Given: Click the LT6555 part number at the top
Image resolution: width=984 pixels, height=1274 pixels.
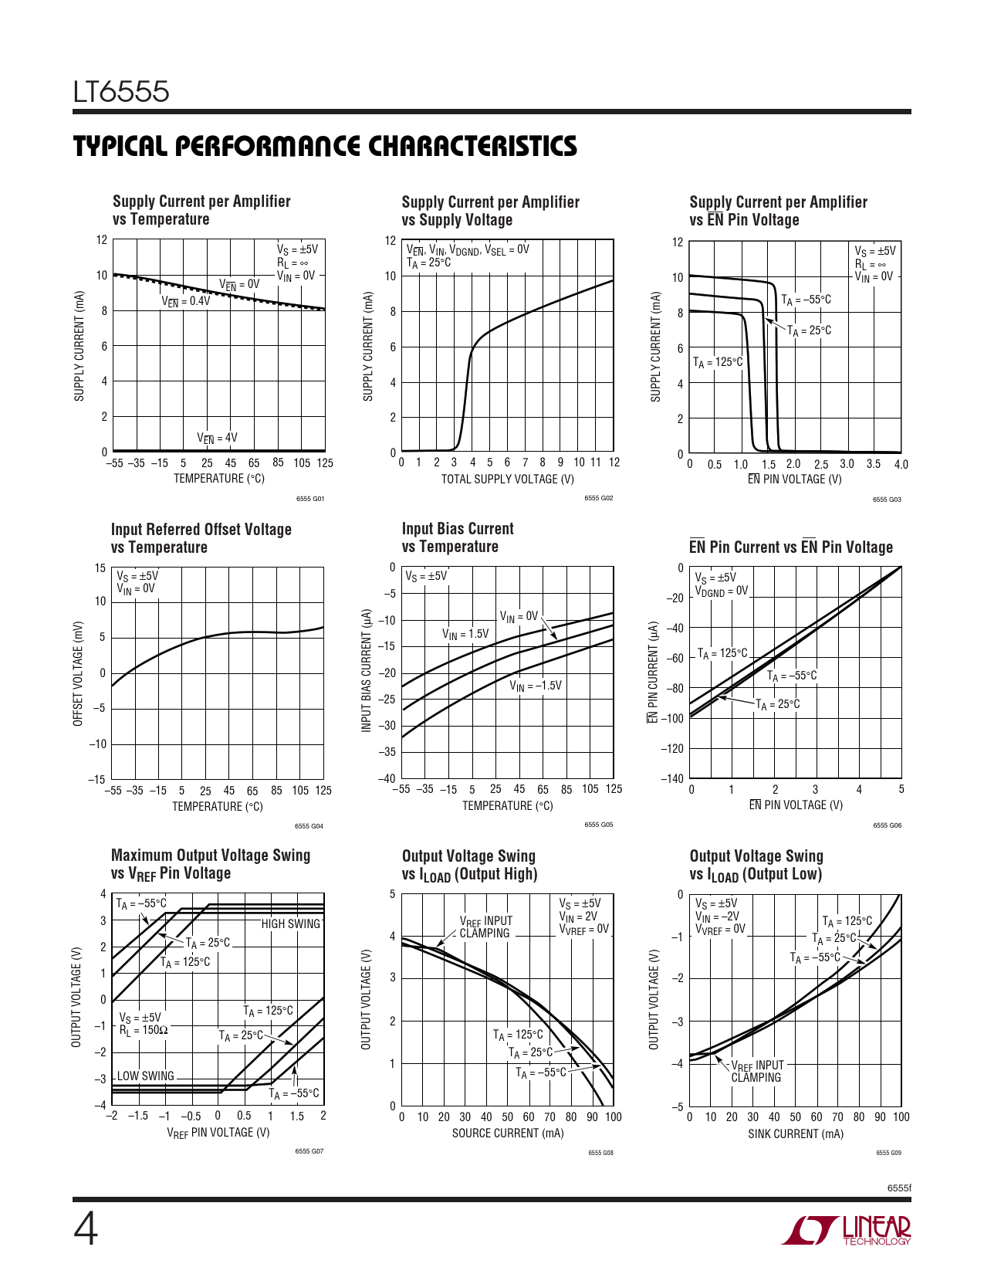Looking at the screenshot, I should (x=121, y=92).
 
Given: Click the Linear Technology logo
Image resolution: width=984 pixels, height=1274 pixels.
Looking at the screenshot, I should (x=847, y=1231).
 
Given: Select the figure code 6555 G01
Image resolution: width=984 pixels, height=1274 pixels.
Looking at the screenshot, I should (x=310, y=499).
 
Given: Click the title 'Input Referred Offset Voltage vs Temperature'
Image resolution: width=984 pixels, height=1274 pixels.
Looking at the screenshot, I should (x=201, y=538).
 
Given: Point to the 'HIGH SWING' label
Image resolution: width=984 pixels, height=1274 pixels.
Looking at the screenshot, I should (x=290, y=923).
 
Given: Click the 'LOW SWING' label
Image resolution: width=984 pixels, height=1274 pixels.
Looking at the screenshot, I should (x=146, y=1076).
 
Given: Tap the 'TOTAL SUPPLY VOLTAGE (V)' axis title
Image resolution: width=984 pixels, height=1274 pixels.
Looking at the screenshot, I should (x=507, y=479).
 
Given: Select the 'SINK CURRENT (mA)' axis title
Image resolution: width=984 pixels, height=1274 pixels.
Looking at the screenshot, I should (x=795, y=1134).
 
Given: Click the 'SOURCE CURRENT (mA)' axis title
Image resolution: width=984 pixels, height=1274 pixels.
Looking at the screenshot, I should (x=507, y=1133).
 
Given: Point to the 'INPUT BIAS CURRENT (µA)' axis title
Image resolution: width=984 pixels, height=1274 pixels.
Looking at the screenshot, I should (x=367, y=671).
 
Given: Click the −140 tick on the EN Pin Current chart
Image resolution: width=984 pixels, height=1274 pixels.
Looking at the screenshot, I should (x=672, y=778).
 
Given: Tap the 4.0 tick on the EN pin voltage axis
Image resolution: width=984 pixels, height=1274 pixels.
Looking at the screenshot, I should (x=901, y=465).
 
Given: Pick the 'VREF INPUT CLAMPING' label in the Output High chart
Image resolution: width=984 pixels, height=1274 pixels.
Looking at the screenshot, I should (x=485, y=927).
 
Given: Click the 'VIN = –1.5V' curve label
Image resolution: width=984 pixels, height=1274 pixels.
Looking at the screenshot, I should (x=536, y=686).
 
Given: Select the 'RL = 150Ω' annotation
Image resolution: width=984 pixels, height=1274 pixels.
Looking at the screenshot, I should (x=144, y=1030).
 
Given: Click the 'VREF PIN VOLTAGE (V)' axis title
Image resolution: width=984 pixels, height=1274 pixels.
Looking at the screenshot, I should (x=218, y=1133).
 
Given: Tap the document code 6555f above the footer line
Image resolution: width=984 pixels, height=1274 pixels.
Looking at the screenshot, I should (x=899, y=1188).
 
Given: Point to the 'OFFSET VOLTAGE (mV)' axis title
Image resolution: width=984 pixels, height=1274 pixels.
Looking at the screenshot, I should (x=78, y=673).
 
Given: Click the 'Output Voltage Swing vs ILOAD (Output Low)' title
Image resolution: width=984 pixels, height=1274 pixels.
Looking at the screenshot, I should (x=756, y=865).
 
